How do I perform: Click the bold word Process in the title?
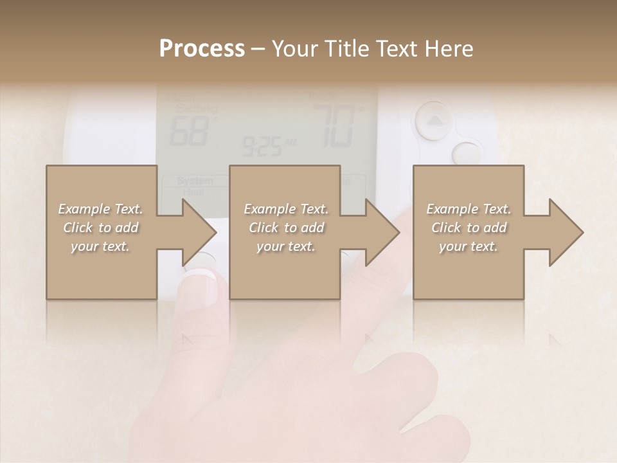pyautogui.click(x=202, y=49)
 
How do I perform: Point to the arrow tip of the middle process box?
pyautogui.click(x=398, y=233)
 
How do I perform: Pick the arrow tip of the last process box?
pyautogui.click(x=582, y=233)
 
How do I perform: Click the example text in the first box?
pyautogui.click(x=100, y=228)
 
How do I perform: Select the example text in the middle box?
pyautogui.click(x=286, y=228)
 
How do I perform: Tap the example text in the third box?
pyautogui.click(x=469, y=228)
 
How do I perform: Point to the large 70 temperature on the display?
pyautogui.click(x=334, y=126)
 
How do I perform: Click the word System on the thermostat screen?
pyautogui.click(x=195, y=181)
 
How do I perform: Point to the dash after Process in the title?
pyautogui.click(x=258, y=49)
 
